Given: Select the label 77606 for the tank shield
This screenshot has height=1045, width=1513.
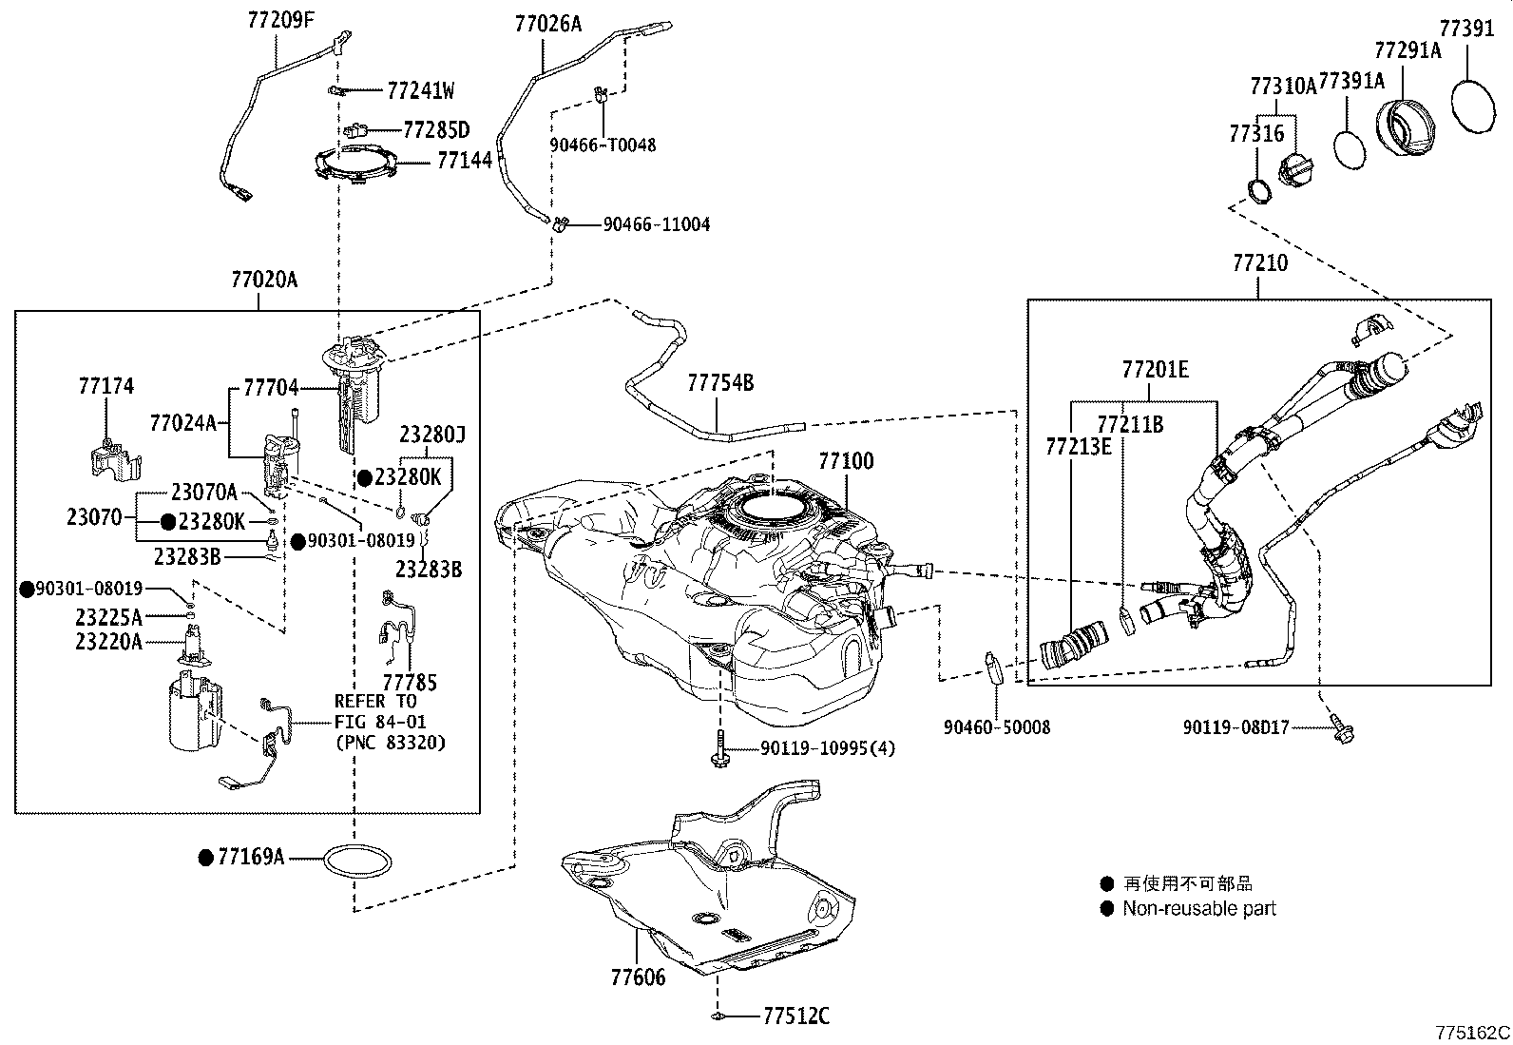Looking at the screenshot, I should tap(638, 977).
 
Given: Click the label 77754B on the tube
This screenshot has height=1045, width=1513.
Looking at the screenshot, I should tap(720, 383).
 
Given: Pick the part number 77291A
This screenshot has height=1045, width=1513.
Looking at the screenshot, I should tap(1407, 50).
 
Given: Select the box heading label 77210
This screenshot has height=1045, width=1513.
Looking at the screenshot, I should tap(1260, 263).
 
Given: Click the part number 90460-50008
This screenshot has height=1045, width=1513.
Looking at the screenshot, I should tap(997, 727).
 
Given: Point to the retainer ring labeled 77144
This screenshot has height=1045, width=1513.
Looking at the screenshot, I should tap(354, 164).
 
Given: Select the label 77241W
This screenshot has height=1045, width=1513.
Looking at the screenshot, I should tap(421, 91).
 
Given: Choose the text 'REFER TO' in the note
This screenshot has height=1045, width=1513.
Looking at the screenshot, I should tap(375, 702).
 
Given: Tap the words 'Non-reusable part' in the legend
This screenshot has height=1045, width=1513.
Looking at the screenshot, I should tap(1199, 909).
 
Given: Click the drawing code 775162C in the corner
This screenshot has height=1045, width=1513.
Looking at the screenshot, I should tap(1472, 1033).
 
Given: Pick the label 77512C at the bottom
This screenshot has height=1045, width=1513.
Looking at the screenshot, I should tap(796, 1017).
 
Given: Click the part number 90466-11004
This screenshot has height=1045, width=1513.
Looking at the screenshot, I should tap(656, 225).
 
